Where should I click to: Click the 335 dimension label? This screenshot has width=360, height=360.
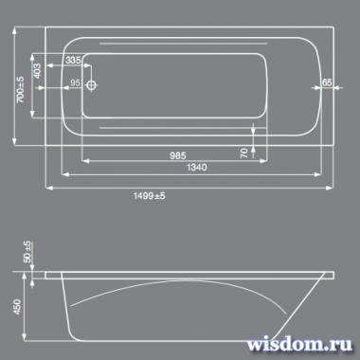73,60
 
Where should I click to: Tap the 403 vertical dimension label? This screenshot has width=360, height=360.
37,71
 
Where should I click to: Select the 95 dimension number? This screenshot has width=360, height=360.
75,82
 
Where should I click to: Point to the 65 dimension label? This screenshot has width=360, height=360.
327,82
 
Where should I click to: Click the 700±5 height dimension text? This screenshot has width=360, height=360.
21,89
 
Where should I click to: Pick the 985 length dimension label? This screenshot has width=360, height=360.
178,155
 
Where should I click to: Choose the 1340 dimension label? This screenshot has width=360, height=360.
197,167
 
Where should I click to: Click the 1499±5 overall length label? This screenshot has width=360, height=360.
149,196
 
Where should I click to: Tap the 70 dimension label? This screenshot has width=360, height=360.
244,153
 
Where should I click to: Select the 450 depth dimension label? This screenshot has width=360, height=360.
17,307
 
